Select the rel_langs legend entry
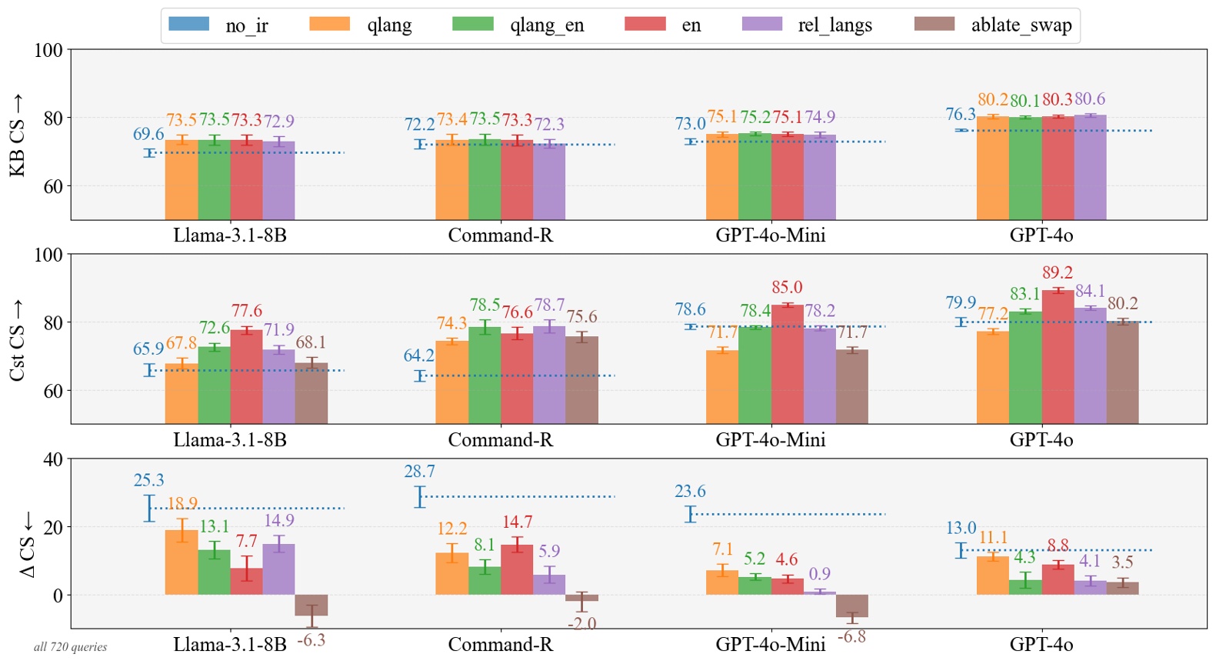pyautogui.click(x=807, y=25)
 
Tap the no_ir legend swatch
pyautogui.click(x=188, y=24)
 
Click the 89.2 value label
pyautogui.click(x=1057, y=273)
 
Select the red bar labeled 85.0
pyautogui.click(x=787, y=364)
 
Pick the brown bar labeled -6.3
pyautogui.click(x=311, y=605)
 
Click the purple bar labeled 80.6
pyautogui.click(x=1090, y=167)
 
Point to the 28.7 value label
pyautogui.click(x=419, y=472)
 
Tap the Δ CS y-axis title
pyautogui.click(x=27, y=545)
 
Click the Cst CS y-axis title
pyautogui.click(x=17, y=340)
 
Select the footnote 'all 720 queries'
pyautogui.click(x=70, y=647)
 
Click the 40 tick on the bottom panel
pyautogui.click(x=52, y=459)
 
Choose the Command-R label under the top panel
pyautogui.click(x=500, y=235)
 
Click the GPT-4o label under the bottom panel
pyautogui.click(x=1041, y=645)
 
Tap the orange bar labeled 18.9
pyautogui.click(x=182, y=562)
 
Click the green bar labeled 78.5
pyautogui.click(x=484, y=375)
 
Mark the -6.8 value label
pyautogui.click(x=851, y=637)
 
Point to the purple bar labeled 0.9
pyautogui.click(x=819, y=592)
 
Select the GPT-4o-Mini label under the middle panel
pyautogui.click(x=770, y=440)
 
